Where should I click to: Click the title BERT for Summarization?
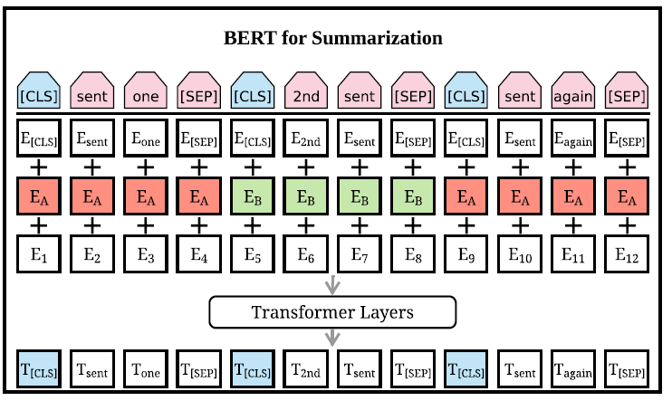pyautogui.click(x=333, y=39)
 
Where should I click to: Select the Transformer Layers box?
pyautogui.click(x=332, y=312)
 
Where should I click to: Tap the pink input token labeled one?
pyautogui.click(x=145, y=91)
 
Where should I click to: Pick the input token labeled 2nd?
pyautogui.click(x=306, y=91)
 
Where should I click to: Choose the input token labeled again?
pyautogui.click(x=572, y=91)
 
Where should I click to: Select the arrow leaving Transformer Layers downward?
pyautogui.click(x=332, y=337)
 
